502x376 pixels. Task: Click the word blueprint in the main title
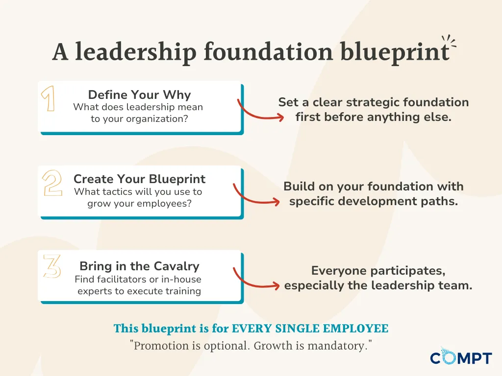395,52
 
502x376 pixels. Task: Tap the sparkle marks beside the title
449,42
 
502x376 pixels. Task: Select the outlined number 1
48,98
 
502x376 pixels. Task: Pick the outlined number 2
52,183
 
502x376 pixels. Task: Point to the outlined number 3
52,266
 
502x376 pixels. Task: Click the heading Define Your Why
140,94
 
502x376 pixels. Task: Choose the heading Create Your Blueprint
140,179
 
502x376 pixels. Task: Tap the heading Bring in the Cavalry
140,266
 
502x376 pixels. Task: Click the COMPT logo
461,356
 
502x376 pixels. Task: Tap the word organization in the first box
157,119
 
